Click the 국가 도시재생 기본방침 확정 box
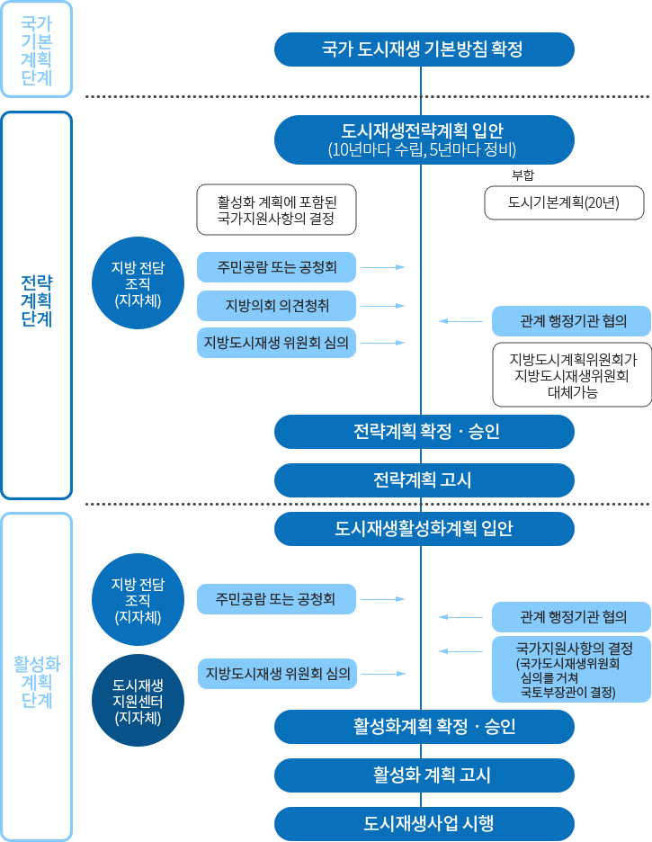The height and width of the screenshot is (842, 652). pyautogui.click(x=424, y=49)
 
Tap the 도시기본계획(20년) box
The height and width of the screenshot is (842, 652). pyautogui.click(x=564, y=202)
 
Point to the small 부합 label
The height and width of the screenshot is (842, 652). pyautogui.click(x=522, y=175)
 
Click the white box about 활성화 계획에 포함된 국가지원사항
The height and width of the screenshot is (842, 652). pyautogui.click(x=277, y=210)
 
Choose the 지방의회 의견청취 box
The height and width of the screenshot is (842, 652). pyautogui.click(x=277, y=306)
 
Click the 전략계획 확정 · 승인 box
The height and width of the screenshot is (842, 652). pyautogui.click(x=424, y=432)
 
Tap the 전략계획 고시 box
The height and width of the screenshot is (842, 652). pyautogui.click(x=424, y=480)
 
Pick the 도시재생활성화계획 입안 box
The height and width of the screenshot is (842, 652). pyautogui.click(x=424, y=529)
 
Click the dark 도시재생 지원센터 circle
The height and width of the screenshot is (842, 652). pyautogui.click(x=138, y=689)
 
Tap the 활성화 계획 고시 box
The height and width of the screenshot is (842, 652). pyautogui.click(x=424, y=775)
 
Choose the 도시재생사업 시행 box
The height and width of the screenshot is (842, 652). pyautogui.click(x=424, y=823)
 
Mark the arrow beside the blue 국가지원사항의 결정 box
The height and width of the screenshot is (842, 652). pyautogui.click(x=460, y=651)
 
